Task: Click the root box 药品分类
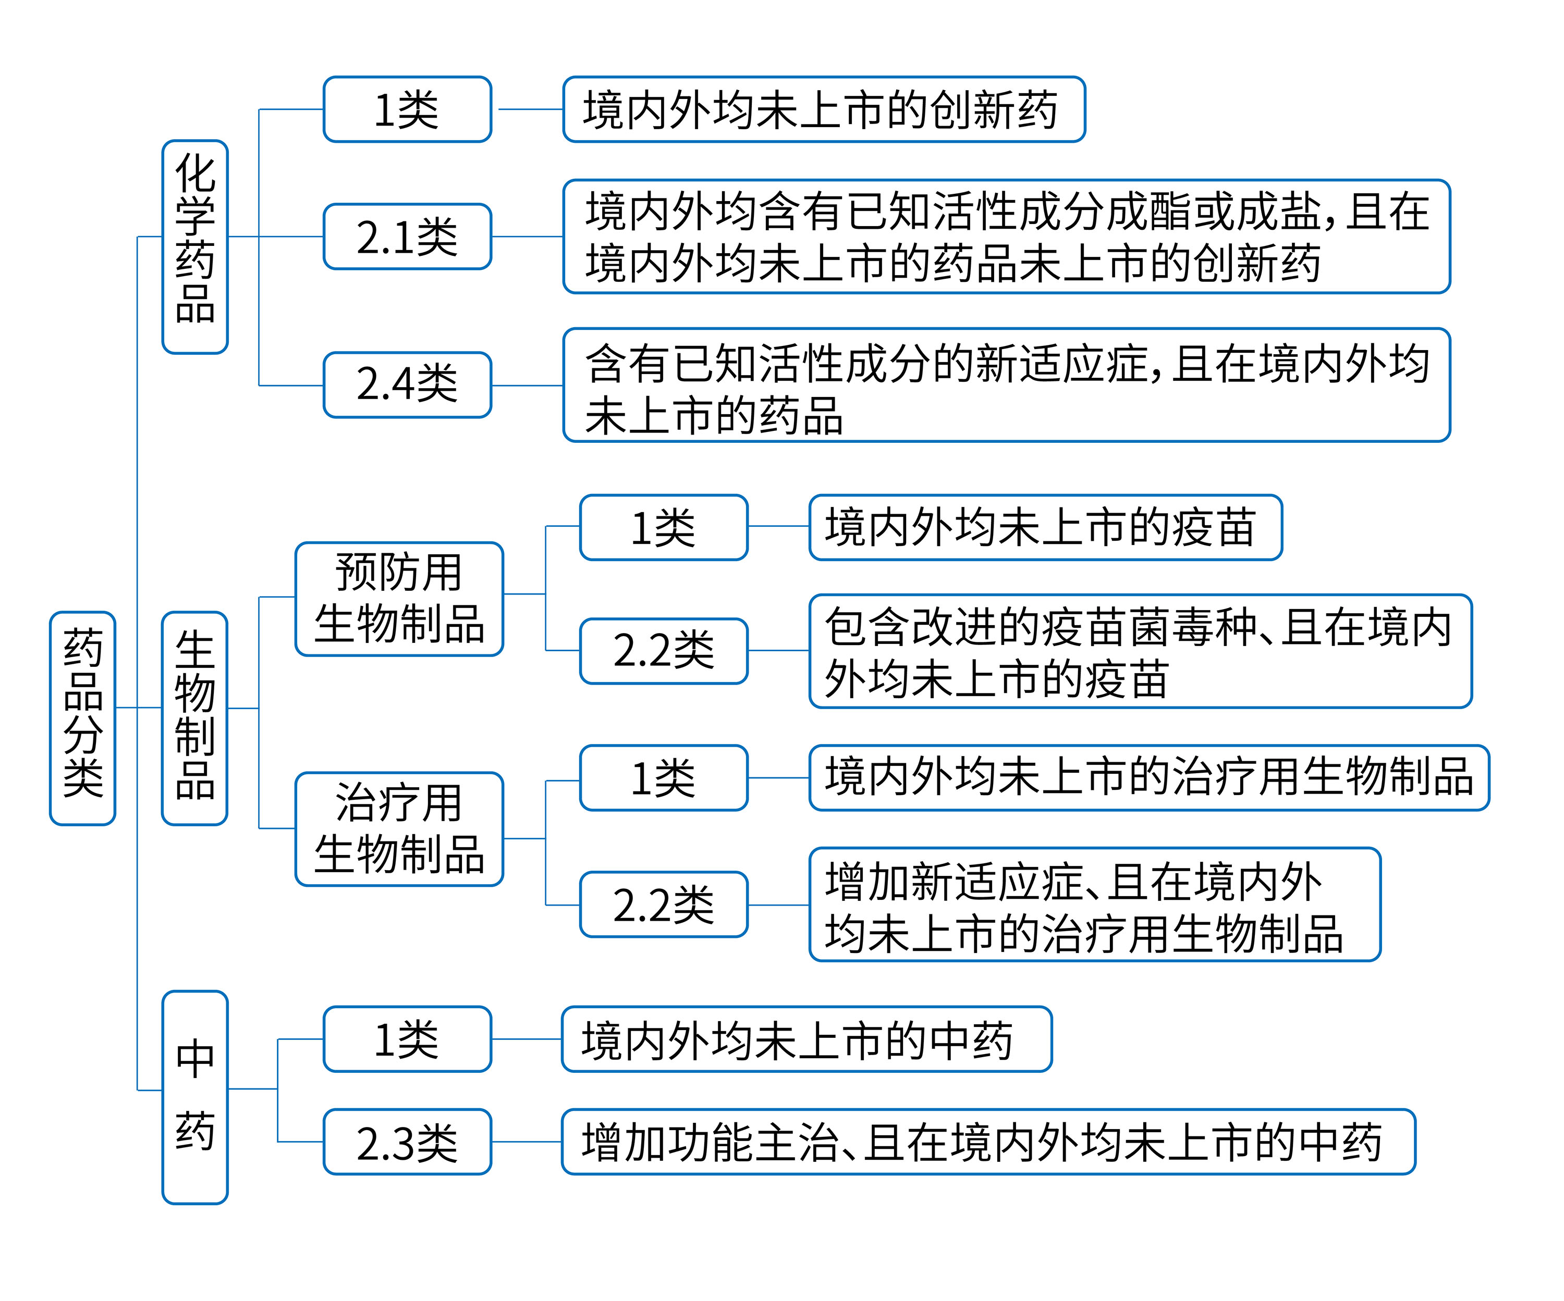point(83,718)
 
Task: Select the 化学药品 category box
point(195,246)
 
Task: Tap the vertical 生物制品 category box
point(195,718)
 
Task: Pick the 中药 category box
point(195,1096)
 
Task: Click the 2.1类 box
point(407,237)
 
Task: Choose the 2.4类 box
point(407,385)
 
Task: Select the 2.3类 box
point(407,1142)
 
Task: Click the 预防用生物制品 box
point(399,599)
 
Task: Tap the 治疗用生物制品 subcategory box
point(399,829)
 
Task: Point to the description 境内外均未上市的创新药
point(824,109)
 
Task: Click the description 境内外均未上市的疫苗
point(1045,527)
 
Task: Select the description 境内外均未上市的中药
point(806,1039)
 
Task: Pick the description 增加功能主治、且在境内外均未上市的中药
point(987,1142)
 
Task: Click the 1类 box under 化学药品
point(407,109)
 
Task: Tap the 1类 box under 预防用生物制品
point(664,527)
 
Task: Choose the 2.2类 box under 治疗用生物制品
point(664,904)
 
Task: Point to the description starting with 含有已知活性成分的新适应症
point(1006,385)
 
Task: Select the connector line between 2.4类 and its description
point(527,386)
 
